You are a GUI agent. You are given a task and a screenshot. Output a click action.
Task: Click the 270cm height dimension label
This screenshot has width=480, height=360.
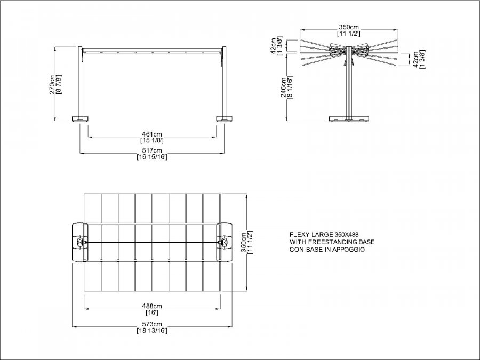(x=52, y=84)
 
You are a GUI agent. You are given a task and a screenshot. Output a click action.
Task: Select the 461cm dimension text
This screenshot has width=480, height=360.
(x=152, y=134)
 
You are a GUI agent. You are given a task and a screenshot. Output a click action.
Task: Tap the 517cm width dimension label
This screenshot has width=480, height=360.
(x=152, y=150)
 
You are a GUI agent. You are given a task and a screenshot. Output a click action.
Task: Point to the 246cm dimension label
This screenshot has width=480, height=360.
(x=284, y=87)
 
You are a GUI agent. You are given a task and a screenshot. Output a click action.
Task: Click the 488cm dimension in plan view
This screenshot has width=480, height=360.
(x=152, y=306)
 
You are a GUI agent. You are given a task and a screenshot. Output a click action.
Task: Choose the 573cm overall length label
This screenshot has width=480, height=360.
(x=152, y=324)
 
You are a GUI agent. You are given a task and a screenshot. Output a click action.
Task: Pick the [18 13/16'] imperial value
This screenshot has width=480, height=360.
(x=152, y=331)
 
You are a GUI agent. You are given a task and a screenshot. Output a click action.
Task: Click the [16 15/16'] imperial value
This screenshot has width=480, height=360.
(x=152, y=157)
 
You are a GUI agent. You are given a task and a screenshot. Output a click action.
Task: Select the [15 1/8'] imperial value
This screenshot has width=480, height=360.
(x=152, y=140)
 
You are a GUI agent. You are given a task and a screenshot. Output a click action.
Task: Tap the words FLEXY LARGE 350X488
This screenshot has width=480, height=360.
(x=324, y=235)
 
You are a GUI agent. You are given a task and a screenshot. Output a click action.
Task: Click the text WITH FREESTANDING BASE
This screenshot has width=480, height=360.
(x=332, y=242)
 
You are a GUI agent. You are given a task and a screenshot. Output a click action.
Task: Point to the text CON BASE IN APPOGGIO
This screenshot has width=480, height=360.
(x=327, y=250)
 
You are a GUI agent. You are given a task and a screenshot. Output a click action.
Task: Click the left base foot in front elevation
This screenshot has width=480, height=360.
(x=80, y=119)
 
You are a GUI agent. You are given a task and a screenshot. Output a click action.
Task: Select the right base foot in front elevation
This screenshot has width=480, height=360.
(x=225, y=119)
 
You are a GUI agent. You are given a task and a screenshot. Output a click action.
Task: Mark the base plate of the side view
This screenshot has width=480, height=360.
(x=349, y=119)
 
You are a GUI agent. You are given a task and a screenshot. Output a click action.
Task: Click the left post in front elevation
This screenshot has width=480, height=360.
(x=80, y=82)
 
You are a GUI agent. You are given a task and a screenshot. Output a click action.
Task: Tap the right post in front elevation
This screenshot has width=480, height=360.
(x=224, y=82)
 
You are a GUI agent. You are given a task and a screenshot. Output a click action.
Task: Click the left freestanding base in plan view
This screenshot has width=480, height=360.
(x=79, y=243)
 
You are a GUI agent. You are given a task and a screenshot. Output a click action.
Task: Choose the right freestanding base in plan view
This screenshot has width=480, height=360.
(x=224, y=243)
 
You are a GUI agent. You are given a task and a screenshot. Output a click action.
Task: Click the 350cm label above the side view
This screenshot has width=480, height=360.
(x=349, y=27)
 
